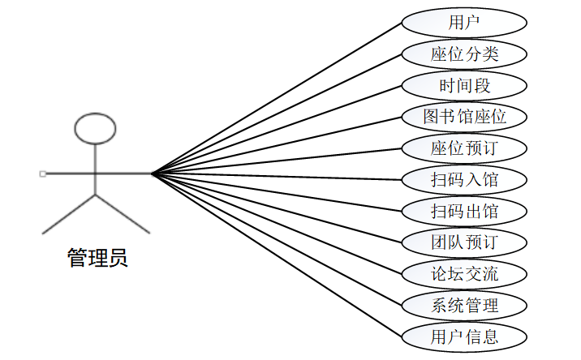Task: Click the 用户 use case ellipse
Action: click(464, 23)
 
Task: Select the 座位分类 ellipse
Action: click(464, 54)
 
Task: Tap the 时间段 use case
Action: click(464, 85)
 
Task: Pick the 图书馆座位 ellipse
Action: click(464, 117)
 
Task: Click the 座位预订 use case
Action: click(464, 148)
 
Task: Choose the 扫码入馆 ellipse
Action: click(464, 179)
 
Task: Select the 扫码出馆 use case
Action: click(464, 211)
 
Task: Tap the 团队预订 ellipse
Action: click(464, 242)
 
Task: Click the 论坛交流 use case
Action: click(464, 273)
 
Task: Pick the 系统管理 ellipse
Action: click(464, 305)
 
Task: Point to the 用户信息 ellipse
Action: click(464, 336)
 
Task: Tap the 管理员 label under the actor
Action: click(97, 259)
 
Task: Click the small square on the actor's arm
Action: click(41, 174)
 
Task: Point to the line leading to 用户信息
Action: click(276, 254)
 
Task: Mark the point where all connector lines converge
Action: click(153, 174)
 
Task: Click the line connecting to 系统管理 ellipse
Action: click(276, 238)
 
